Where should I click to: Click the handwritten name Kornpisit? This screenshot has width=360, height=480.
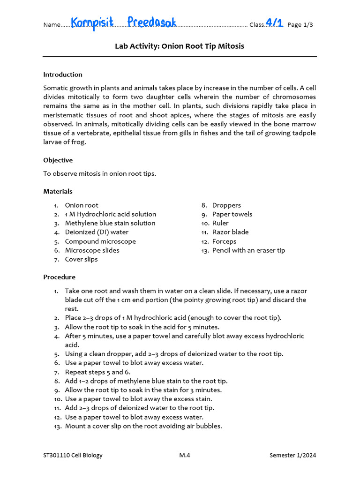point(92,22)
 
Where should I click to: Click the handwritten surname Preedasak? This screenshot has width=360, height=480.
point(152,22)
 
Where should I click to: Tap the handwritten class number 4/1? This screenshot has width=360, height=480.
point(274,22)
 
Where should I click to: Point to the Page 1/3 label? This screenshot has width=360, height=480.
point(300,25)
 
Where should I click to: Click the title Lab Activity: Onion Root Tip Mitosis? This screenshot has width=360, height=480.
point(180,46)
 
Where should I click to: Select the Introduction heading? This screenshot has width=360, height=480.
point(63,75)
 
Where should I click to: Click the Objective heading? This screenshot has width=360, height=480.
point(58,160)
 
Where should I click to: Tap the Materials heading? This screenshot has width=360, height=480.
point(58,191)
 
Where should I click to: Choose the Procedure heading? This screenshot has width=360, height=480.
point(60,277)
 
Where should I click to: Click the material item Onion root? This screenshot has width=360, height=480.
point(82,205)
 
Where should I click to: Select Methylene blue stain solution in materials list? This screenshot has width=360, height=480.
point(110,223)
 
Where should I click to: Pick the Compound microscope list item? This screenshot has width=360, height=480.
point(100,241)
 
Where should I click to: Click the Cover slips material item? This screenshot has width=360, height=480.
point(82,259)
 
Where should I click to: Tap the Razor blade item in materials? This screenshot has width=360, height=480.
point(231,232)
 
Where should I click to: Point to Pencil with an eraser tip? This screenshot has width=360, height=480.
point(248,250)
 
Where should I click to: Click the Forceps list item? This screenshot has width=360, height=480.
point(225,241)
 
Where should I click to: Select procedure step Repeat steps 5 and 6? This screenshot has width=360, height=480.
point(97,372)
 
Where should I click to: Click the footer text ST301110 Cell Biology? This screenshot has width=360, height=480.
point(73,455)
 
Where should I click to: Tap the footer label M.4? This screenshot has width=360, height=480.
point(185,455)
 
